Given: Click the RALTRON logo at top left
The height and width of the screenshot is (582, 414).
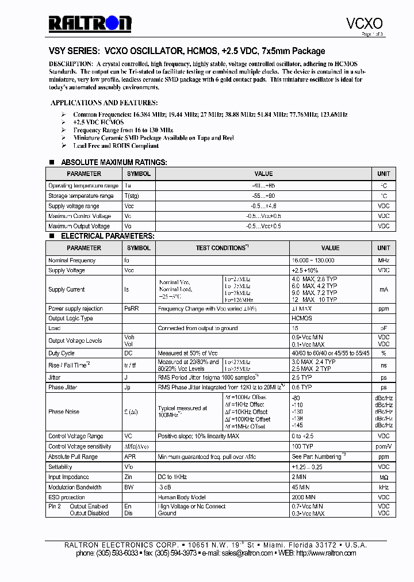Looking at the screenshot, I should pos(90,23).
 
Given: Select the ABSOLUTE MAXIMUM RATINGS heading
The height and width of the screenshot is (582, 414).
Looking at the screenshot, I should pos(114,162).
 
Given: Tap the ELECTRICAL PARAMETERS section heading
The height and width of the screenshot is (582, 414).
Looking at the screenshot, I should pos(108,236).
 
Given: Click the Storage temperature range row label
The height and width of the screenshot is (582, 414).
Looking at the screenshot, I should pos(80,196).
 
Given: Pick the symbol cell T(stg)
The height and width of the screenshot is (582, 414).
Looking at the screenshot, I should pos(132,196).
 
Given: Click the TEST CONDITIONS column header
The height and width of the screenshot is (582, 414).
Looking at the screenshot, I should pos(221,248).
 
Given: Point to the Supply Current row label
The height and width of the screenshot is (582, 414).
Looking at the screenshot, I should pos(66,289).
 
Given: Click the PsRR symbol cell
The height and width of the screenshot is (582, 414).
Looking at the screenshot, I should pos(132,309).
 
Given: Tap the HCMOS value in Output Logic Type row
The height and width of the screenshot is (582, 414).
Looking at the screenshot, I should pos(302,319).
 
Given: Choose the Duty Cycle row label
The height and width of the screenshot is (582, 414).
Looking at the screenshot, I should pos(62,353).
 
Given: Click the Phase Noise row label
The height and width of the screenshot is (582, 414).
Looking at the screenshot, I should pos(64,412).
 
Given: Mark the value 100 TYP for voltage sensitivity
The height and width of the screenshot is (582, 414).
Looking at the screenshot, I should pos(302,447).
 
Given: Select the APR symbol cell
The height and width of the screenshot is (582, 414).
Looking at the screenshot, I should pos(130,457).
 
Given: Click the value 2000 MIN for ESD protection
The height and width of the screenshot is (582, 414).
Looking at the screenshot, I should pos(304,497).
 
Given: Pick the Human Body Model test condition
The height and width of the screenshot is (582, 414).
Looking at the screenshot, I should pos(181,497).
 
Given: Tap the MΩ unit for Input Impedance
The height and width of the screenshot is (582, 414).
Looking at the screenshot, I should pos(384,477).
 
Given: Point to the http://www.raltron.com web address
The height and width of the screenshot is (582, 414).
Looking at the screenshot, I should pos(325,553).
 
